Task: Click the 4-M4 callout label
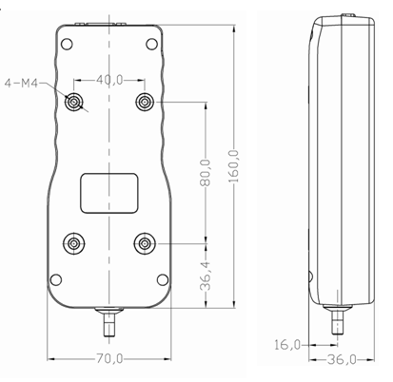coord(21,84)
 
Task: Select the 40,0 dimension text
coord(109,80)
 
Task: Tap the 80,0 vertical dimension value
coord(206,173)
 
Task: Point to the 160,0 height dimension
coord(234,166)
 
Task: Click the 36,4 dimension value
coord(206,276)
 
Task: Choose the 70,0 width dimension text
coord(109,358)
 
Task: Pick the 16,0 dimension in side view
coord(287,345)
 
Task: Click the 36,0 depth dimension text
coord(342,359)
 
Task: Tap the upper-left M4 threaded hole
coord(74,102)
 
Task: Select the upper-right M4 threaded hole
coord(145,102)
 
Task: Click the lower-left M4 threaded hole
coord(74,243)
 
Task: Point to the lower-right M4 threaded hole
coord(145,243)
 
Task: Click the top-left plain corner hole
coord(67,44)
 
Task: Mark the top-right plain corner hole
coord(152,44)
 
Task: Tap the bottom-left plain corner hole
coord(56,279)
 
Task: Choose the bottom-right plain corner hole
coord(163,279)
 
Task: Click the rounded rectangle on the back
coord(109,193)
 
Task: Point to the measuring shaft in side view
coord(338,319)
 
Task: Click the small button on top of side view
coord(348,15)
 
